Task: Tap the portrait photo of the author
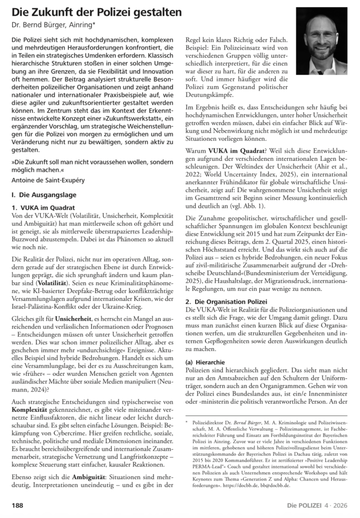tap(322, 41)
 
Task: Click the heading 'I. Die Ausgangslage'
tap(43, 194)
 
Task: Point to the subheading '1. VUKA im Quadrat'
tap(45, 207)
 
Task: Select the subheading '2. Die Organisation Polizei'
tap(232, 301)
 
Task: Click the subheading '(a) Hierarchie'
tap(206, 362)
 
